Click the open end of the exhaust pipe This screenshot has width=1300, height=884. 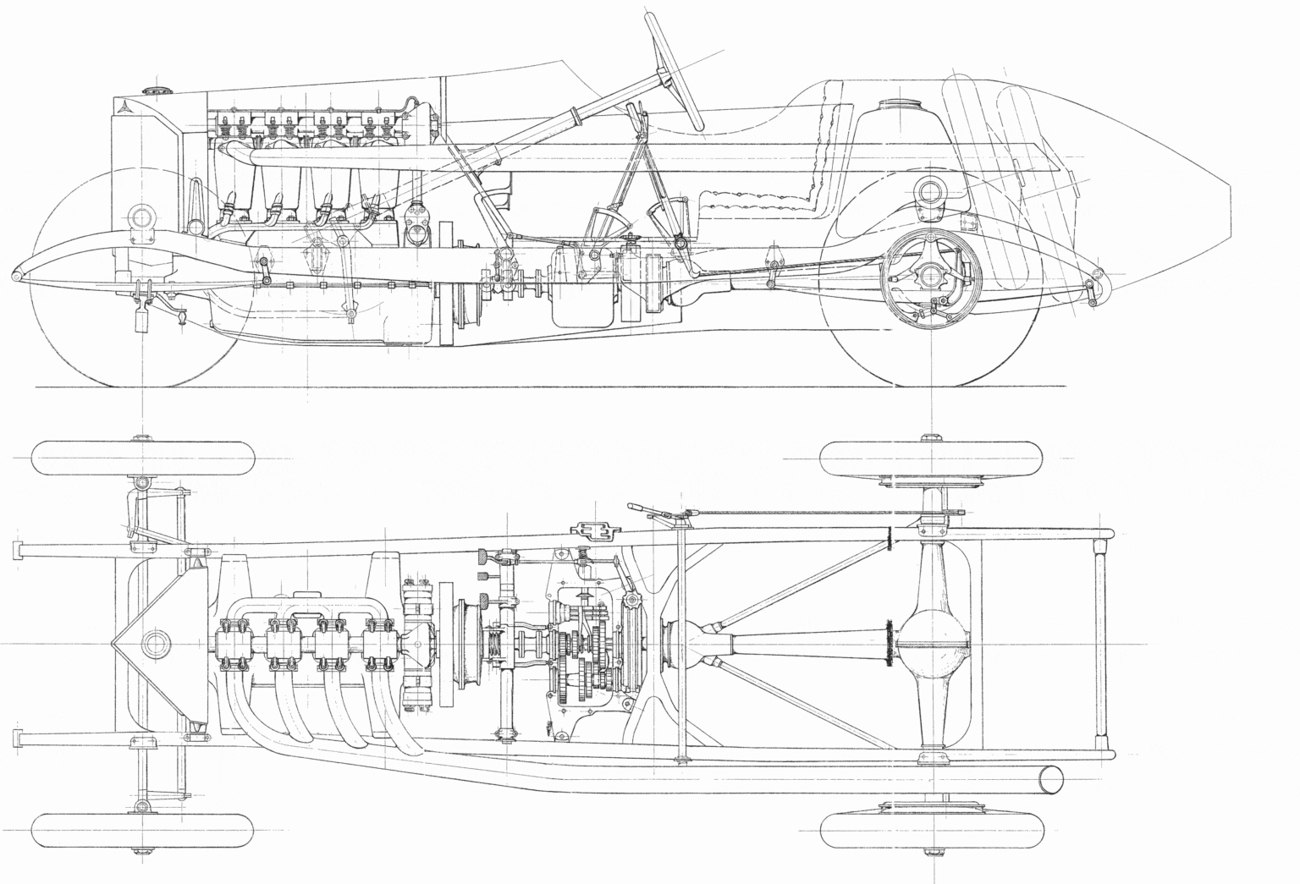[x=1049, y=779]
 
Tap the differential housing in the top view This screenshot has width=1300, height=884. [x=931, y=643]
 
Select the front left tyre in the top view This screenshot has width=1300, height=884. [x=144, y=458]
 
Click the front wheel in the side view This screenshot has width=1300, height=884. [x=127, y=279]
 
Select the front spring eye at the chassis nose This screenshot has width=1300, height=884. [x=17, y=277]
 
